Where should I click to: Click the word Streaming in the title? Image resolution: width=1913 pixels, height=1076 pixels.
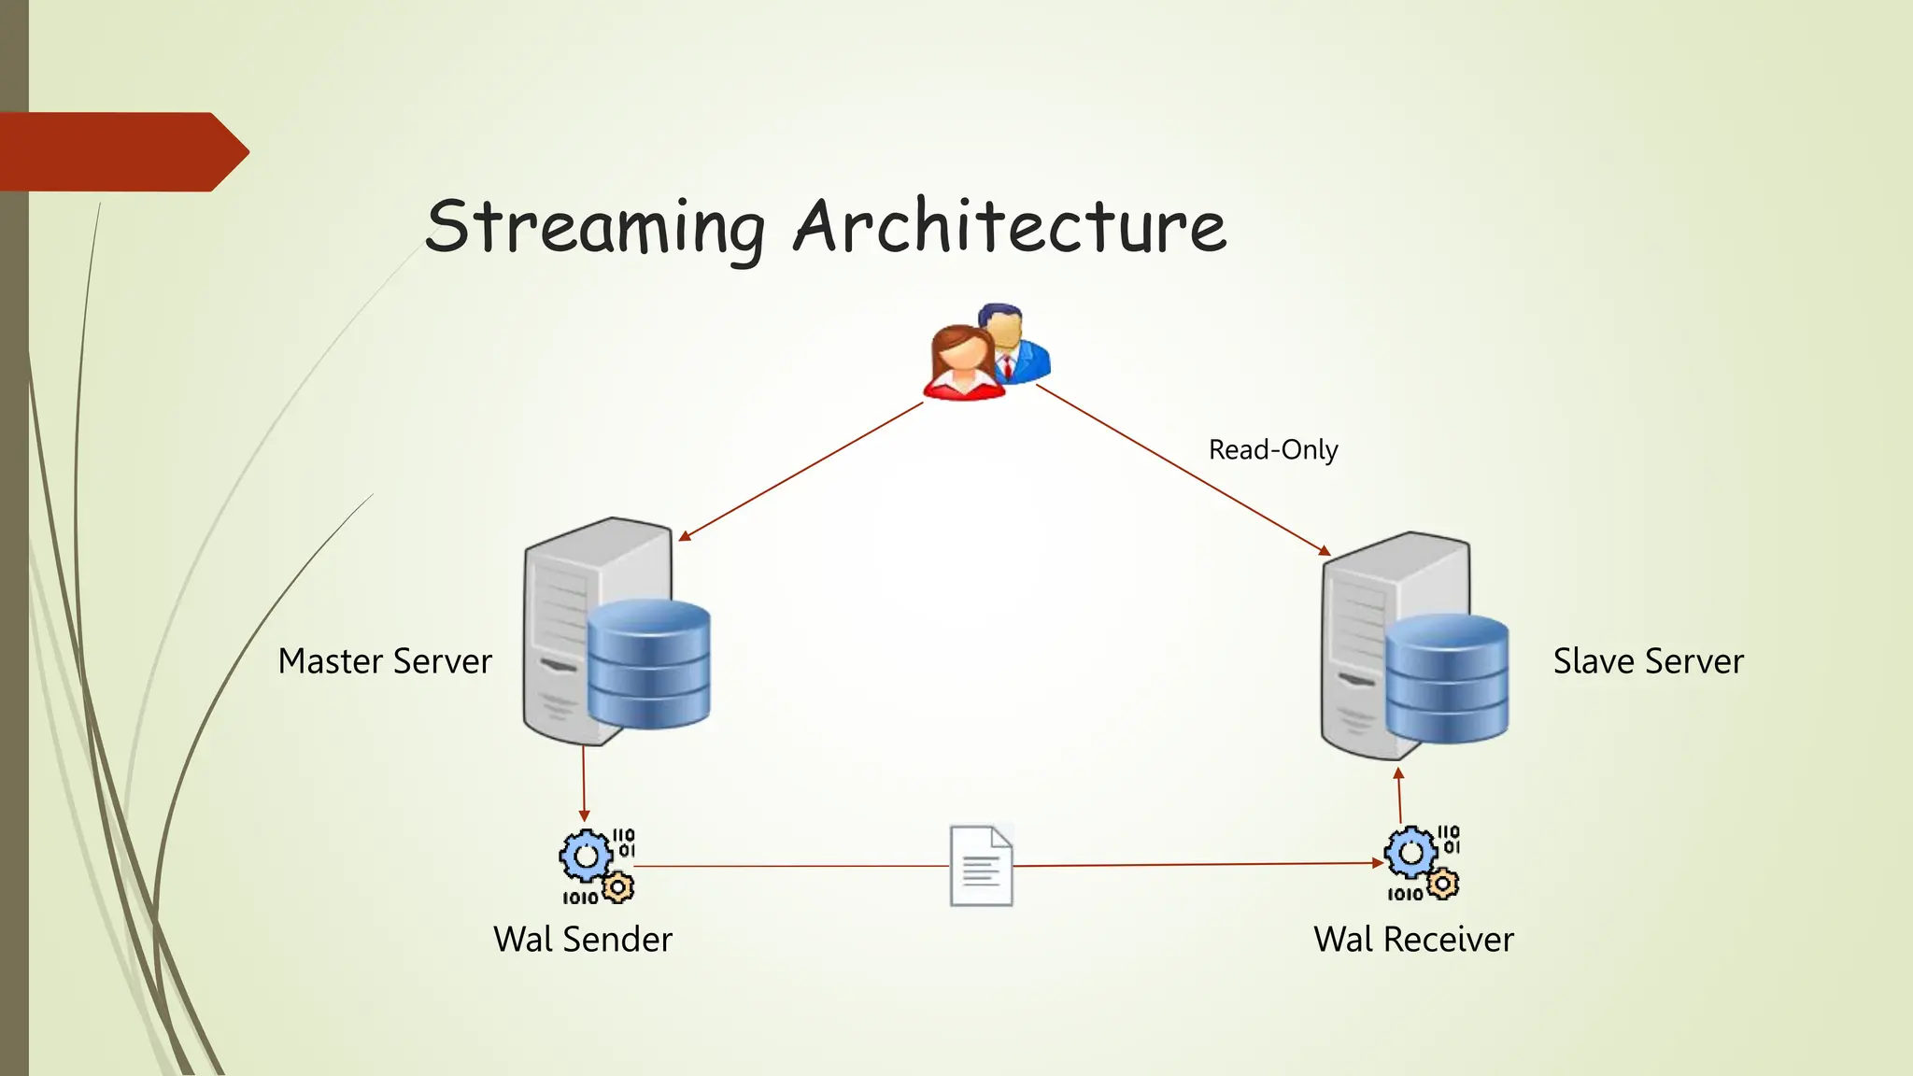coord(594,227)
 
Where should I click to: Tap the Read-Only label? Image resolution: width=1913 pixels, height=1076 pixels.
coord(1272,450)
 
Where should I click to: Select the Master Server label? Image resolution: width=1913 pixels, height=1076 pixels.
coord(385,661)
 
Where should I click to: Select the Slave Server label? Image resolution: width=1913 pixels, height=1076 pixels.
coord(1648,661)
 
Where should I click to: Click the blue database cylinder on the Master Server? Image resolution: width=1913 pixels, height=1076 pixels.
coord(648,665)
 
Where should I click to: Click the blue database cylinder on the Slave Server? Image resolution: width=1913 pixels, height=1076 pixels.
coord(1446,679)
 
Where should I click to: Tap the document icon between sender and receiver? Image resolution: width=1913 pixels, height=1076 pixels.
coord(981,866)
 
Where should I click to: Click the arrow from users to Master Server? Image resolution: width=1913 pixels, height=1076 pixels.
coord(801,472)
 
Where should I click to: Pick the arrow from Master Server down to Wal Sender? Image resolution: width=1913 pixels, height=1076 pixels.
coord(584,783)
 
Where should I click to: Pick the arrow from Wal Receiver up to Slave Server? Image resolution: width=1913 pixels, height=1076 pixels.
coord(1399,796)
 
